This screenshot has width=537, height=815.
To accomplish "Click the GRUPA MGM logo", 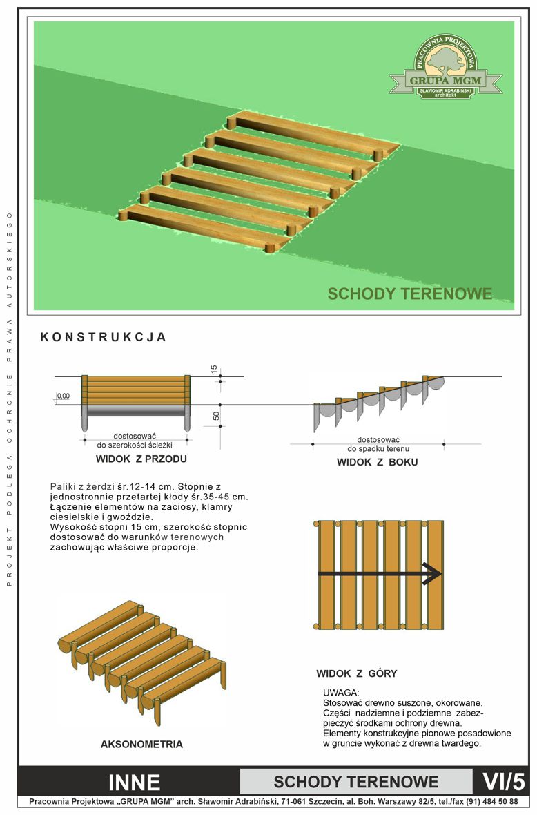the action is [446, 67].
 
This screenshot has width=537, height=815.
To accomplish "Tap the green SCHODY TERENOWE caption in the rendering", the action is [410, 294].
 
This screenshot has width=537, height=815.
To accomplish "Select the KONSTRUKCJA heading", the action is [104, 337].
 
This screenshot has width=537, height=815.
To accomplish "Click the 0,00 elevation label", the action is [64, 396].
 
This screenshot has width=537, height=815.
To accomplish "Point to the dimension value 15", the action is [213, 370].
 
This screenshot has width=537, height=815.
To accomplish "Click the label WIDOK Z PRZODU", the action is [141, 459].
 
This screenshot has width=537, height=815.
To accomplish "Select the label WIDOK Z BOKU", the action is [378, 462].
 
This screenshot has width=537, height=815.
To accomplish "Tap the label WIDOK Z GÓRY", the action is [357, 673].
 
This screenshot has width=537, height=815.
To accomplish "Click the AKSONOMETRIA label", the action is [141, 745].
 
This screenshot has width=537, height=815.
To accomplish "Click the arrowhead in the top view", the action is [433, 574].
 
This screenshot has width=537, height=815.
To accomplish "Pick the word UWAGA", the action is [341, 693].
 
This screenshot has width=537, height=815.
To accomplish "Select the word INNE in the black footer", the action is [134, 783].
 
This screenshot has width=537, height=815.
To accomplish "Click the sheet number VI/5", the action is [504, 782].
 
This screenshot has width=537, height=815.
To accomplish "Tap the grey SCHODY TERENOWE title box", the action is [356, 782].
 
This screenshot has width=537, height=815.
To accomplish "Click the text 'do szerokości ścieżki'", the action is [135, 445].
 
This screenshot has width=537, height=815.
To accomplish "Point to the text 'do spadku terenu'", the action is [378, 448].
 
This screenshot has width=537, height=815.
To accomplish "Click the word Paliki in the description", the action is [62, 487].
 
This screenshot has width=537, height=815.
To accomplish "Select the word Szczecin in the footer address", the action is [324, 801].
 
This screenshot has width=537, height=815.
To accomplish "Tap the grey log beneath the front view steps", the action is [136, 411].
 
